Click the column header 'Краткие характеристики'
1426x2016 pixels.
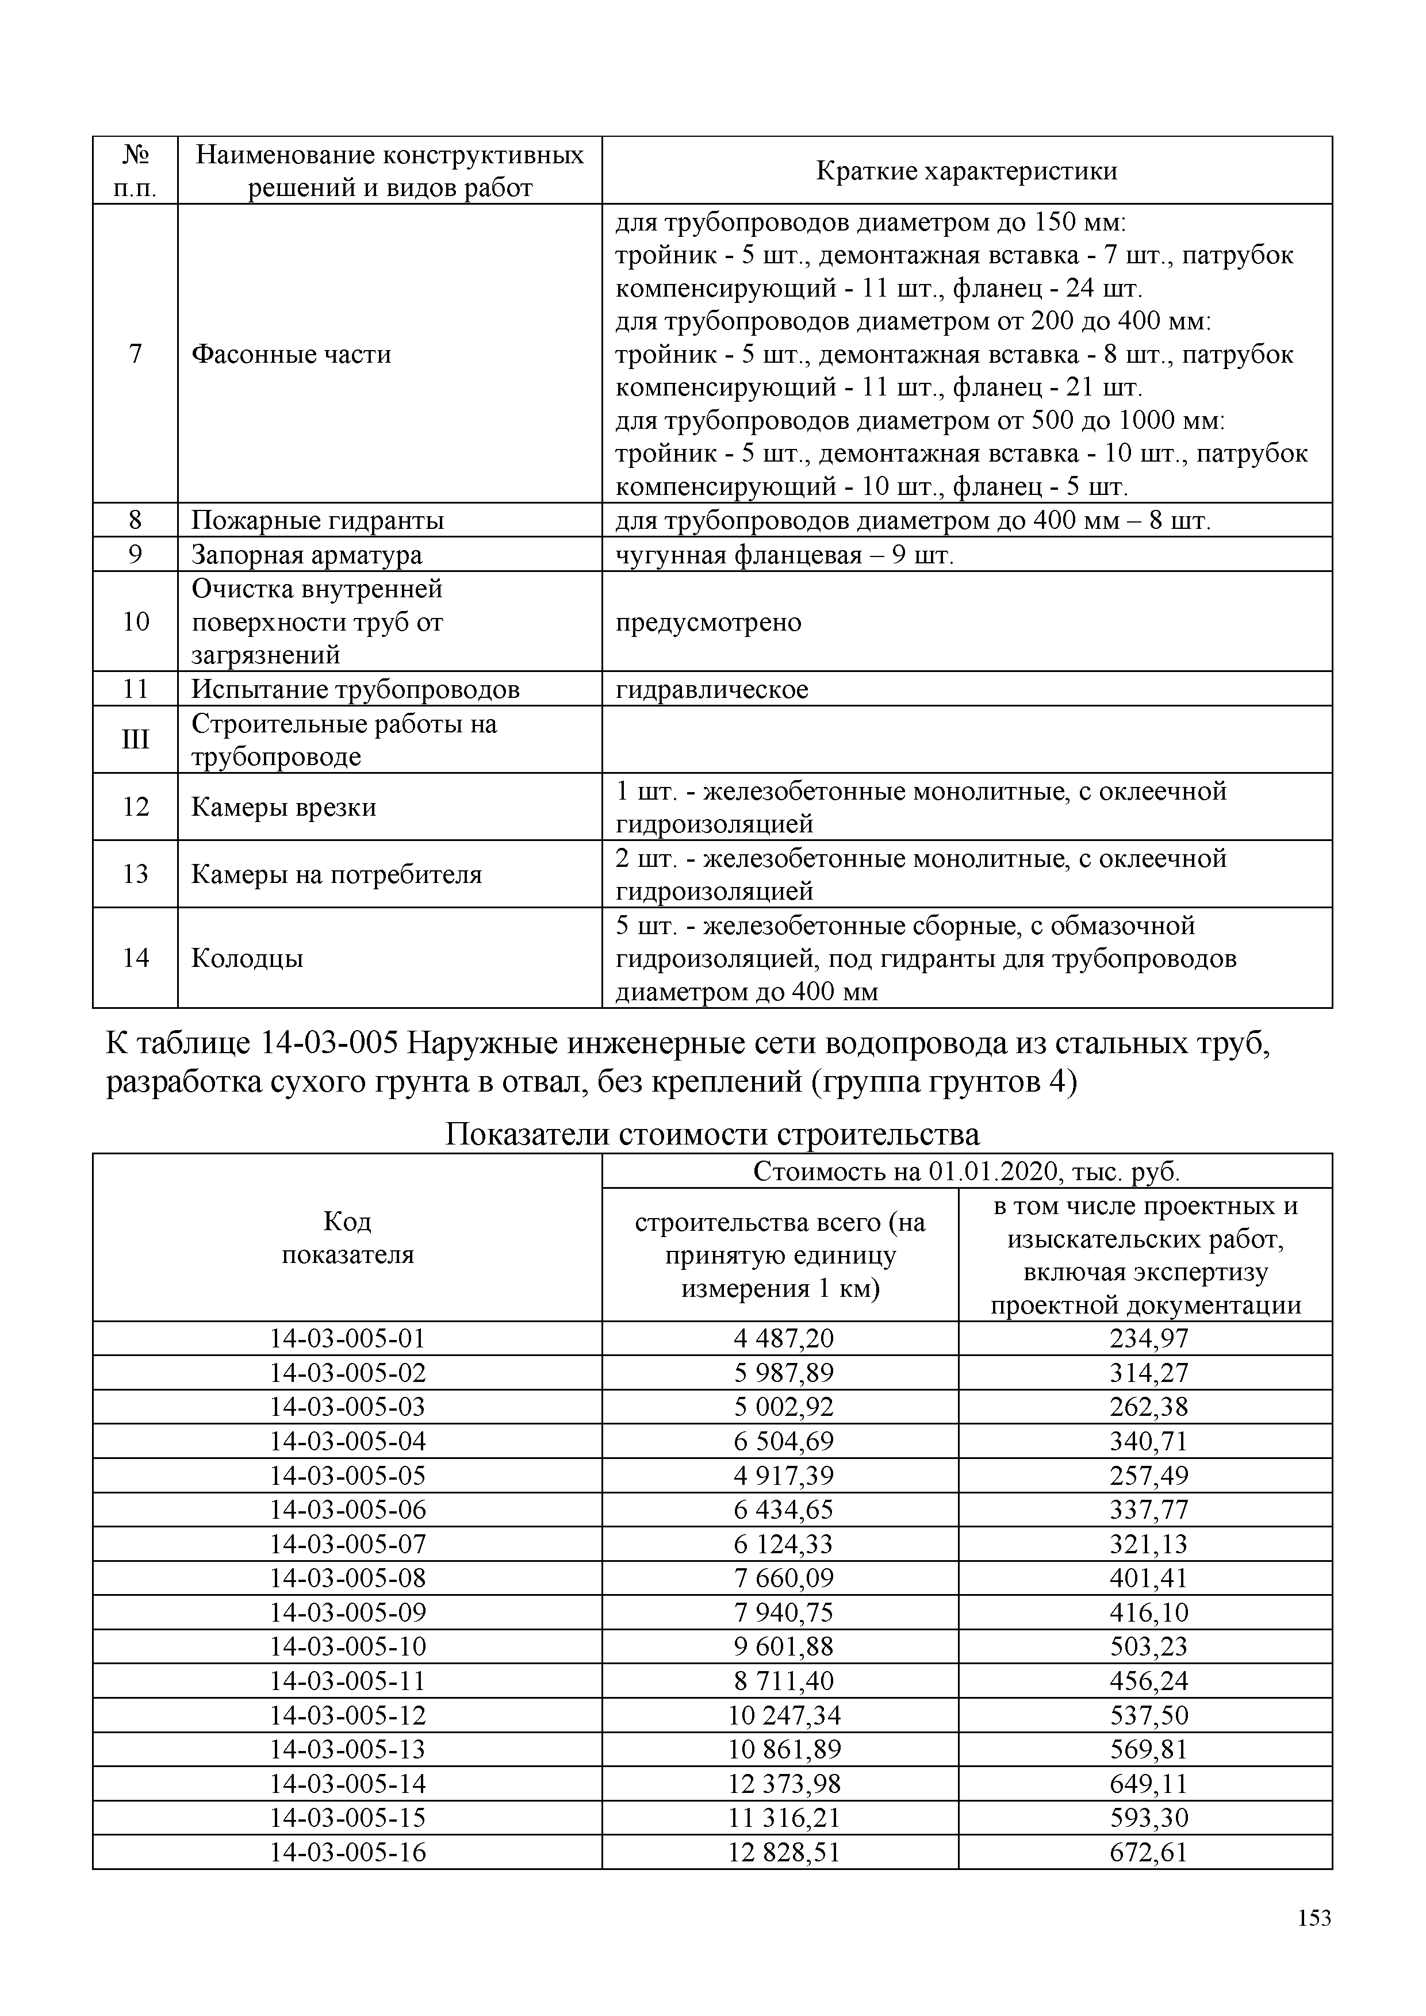(x=966, y=170)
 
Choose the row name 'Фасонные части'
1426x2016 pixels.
(x=292, y=354)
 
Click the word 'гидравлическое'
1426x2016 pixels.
(x=711, y=689)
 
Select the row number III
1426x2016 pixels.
(x=135, y=739)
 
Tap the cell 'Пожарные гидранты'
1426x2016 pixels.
(x=318, y=521)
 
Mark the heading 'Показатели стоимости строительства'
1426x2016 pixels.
(x=711, y=1134)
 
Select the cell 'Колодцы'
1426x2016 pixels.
(x=248, y=957)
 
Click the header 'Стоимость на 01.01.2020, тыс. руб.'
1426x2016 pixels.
(x=966, y=1172)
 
